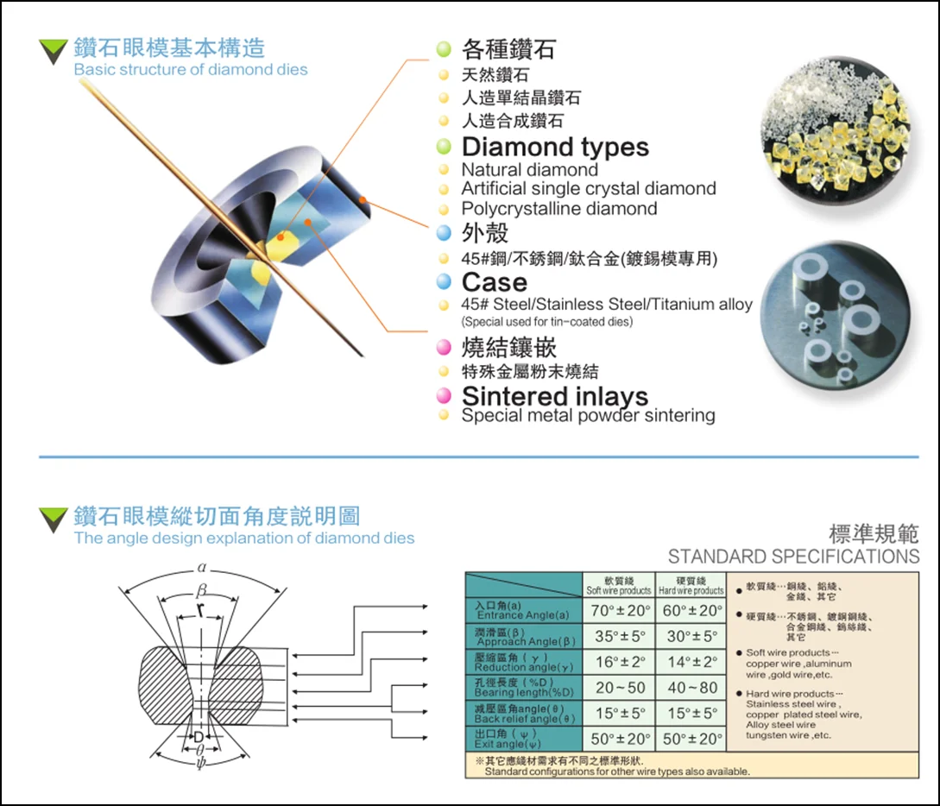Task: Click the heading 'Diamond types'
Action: click(x=555, y=147)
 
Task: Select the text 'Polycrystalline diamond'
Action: click(x=558, y=209)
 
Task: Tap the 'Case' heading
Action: click(x=494, y=281)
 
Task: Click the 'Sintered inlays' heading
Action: click(x=555, y=396)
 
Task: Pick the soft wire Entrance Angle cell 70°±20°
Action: click(x=619, y=611)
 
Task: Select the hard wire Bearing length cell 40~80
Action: click(x=691, y=688)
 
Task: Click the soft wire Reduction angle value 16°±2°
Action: click(x=619, y=662)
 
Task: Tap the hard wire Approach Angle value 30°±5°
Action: click(x=691, y=637)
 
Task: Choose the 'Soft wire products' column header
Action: click(x=619, y=586)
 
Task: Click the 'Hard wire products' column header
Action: click(x=691, y=586)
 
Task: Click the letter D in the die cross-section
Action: click(x=199, y=737)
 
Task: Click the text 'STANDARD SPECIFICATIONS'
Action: click(x=793, y=557)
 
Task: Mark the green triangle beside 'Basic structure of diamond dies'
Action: click(x=54, y=52)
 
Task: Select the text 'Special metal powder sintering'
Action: click(x=588, y=416)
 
